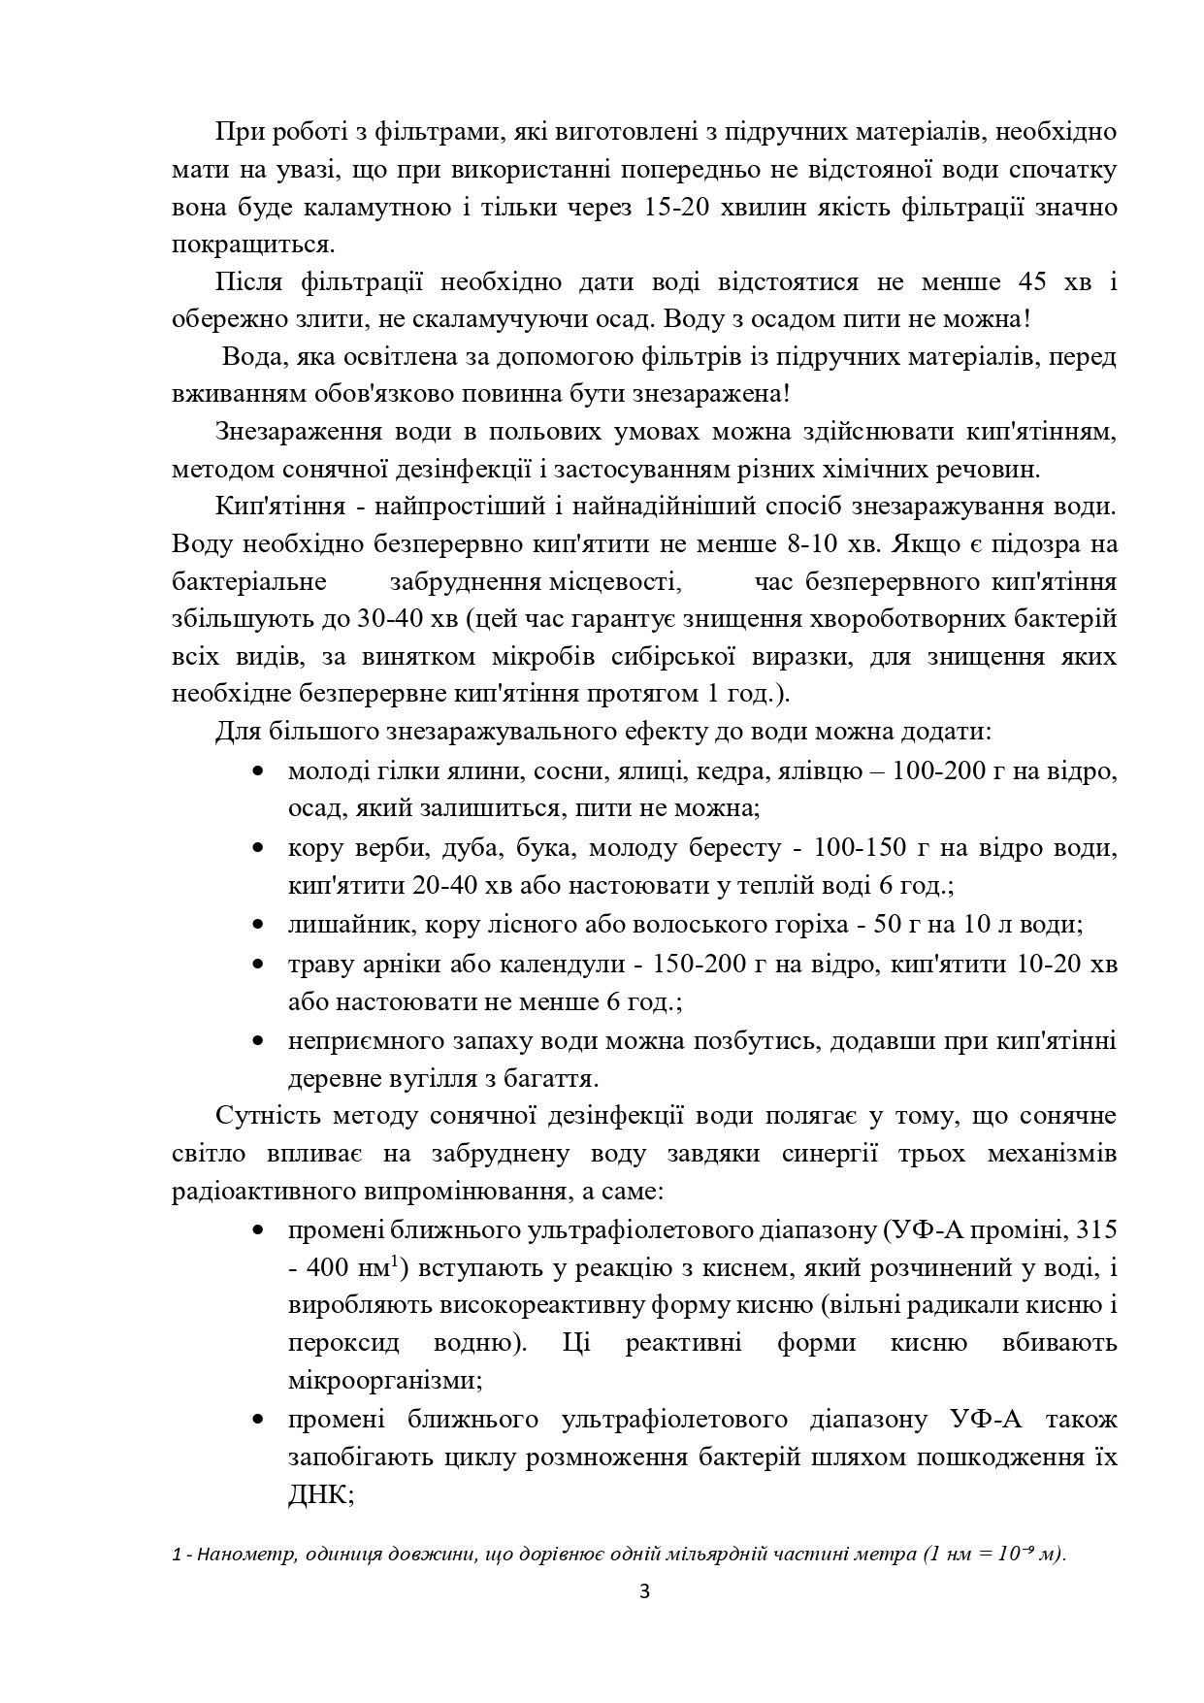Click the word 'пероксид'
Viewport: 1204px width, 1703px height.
point(339,1344)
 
